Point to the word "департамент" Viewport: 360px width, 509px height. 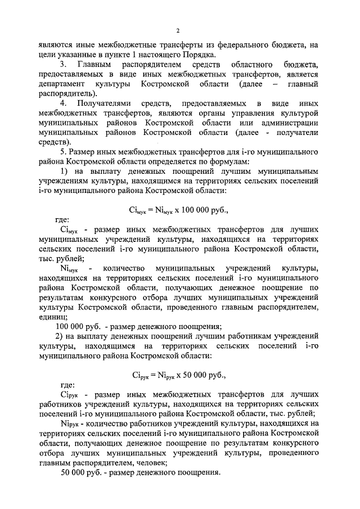click(61, 84)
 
